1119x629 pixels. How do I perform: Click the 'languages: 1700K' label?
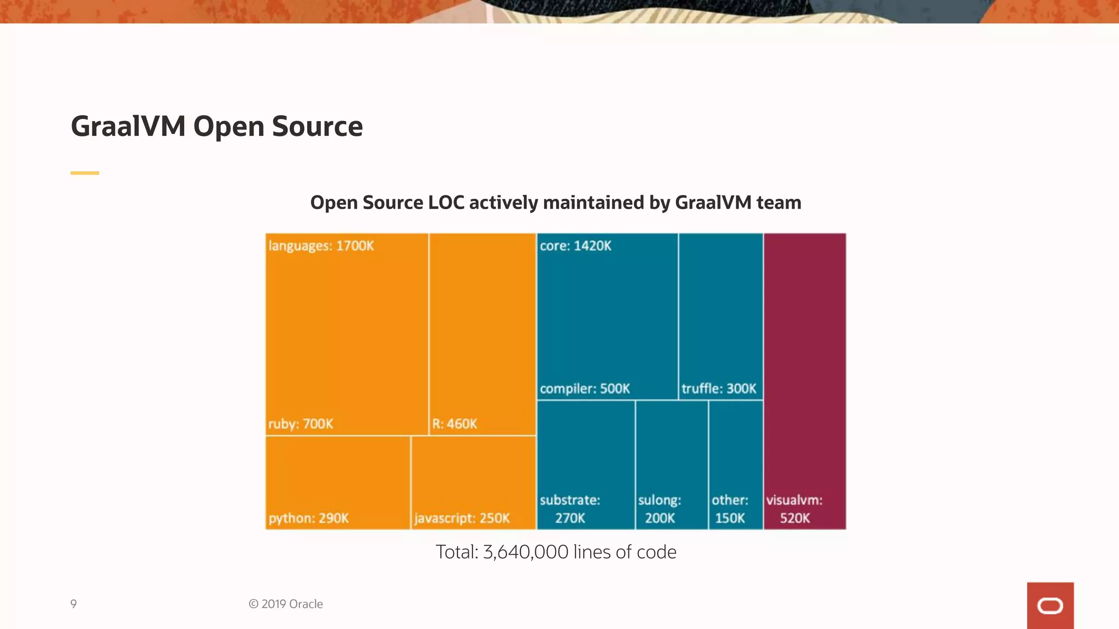coord(321,246)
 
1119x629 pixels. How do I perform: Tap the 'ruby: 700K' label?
coord(301,424)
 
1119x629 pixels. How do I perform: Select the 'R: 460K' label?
coord(455,424)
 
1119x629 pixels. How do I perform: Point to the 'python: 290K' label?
coord(309,518)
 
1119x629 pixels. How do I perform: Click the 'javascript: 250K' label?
coord(462,518)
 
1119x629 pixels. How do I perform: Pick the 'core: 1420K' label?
coord(575,246)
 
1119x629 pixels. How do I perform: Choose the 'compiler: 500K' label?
coord(585,389)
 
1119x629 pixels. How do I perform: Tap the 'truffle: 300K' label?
coord(718,389)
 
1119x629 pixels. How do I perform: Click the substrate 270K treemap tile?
coord(586,464)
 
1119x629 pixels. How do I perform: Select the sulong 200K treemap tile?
coord(672,464)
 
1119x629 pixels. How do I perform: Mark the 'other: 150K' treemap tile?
coord(735,464)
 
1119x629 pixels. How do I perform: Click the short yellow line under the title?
coord(85,173)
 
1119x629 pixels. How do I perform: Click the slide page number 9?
coord(73,604)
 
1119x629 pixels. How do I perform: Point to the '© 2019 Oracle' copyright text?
coord(286,604)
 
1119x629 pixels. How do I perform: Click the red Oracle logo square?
coord(1050,606)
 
